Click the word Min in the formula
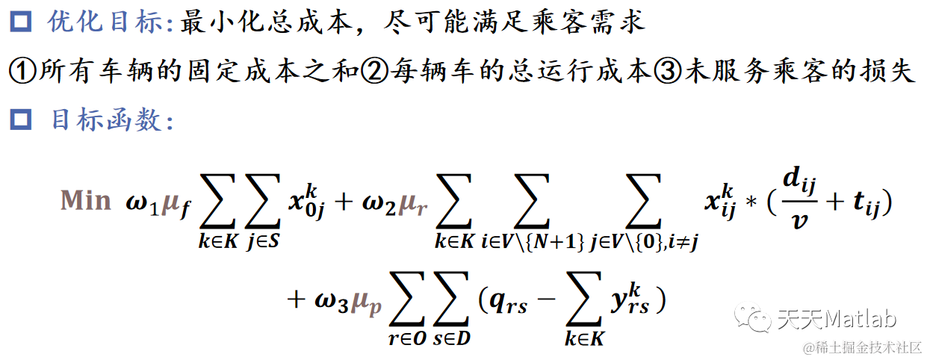click(86, 202)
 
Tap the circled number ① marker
click(22, 72)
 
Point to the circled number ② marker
click(371, 72)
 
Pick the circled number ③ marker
click(667, 72)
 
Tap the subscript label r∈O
click(406, 338)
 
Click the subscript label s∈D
click(452, 338)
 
